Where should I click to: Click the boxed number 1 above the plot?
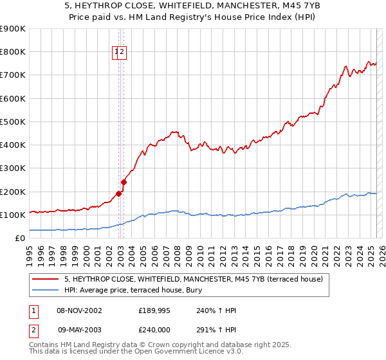click(116, 53)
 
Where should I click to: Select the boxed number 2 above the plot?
click(122, 53)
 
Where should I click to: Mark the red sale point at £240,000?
click(124, 182)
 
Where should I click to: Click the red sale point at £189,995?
click(118, 194)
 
